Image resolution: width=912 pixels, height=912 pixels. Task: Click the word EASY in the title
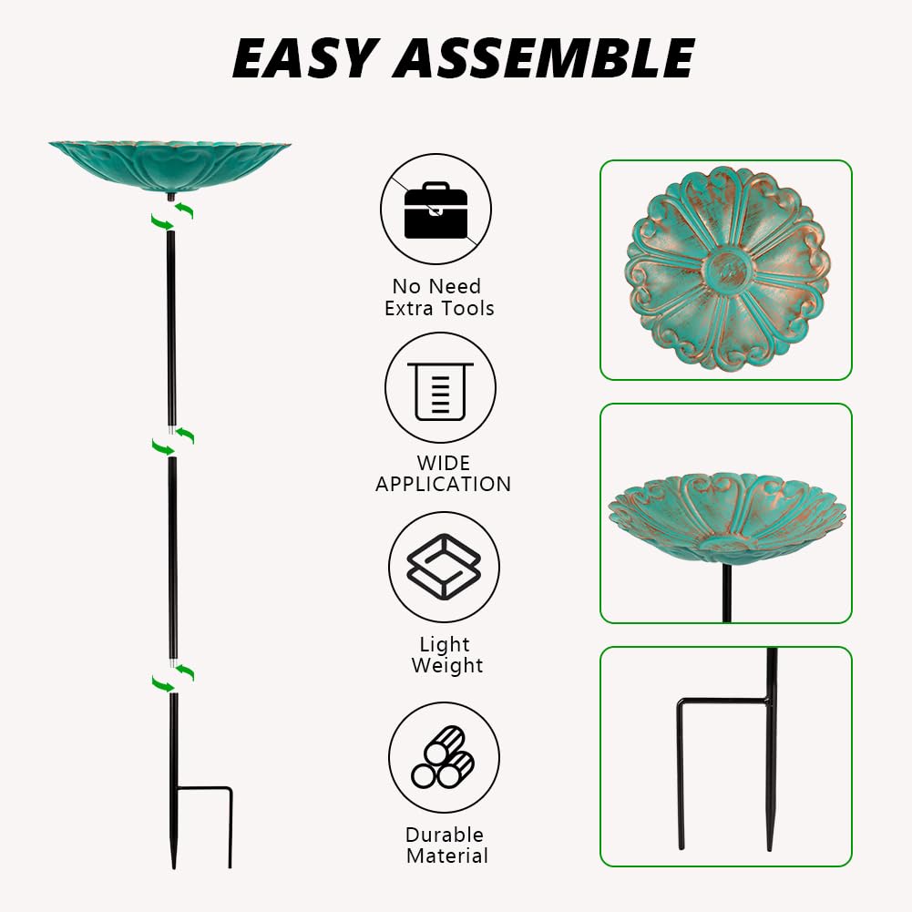[x=302, y=58]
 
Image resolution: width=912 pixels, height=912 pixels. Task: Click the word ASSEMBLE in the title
[x=545, y=58]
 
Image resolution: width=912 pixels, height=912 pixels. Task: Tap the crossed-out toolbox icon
[x=436, y=209]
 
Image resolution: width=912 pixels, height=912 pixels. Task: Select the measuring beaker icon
[x=440, y=388]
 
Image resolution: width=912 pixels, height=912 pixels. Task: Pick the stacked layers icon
[x=444, y=567]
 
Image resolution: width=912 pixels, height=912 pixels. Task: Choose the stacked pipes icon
[x=444, y=757]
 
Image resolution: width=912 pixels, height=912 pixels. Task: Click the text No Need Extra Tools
[x=438, y=297]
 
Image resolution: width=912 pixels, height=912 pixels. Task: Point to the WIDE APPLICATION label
[x=443, y=474]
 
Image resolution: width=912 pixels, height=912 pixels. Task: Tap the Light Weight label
[x=446, y=655]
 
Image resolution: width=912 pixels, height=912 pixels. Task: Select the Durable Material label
[x=446, y=845]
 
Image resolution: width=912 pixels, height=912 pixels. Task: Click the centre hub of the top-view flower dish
[x=727, y=270]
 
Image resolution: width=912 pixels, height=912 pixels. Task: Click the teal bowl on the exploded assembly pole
[x=169, y=167]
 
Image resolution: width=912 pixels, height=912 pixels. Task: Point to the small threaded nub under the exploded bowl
[x=171, y=197]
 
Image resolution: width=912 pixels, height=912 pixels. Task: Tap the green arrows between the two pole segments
[x=173, y=442]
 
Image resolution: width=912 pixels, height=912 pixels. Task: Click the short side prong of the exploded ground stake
[x=231, y=827]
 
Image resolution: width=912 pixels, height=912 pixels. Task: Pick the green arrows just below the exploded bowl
[x=171, y=216]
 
